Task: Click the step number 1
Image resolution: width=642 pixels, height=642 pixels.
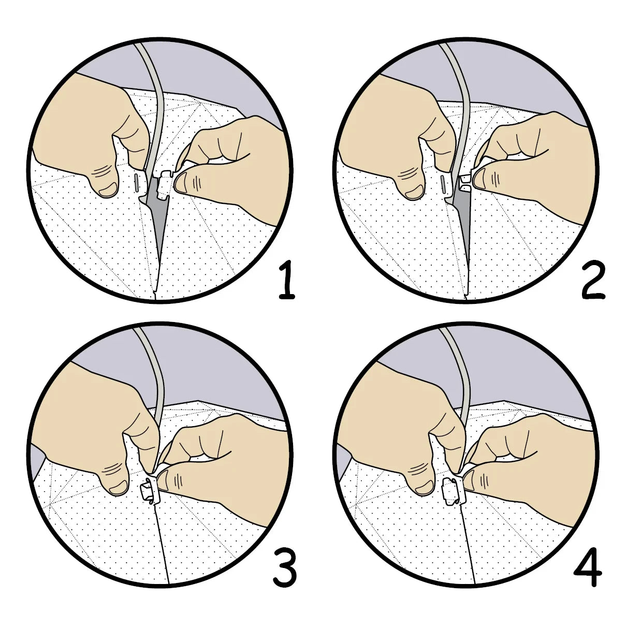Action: tap(287, 281)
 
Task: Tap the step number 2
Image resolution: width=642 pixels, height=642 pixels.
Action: tap(593, 281)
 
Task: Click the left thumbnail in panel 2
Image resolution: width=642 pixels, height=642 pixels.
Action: tap(414, 192)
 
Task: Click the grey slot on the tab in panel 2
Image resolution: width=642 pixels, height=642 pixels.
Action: tap(443, 184)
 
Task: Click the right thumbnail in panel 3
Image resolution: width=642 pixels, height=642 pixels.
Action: tap(162, 480)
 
